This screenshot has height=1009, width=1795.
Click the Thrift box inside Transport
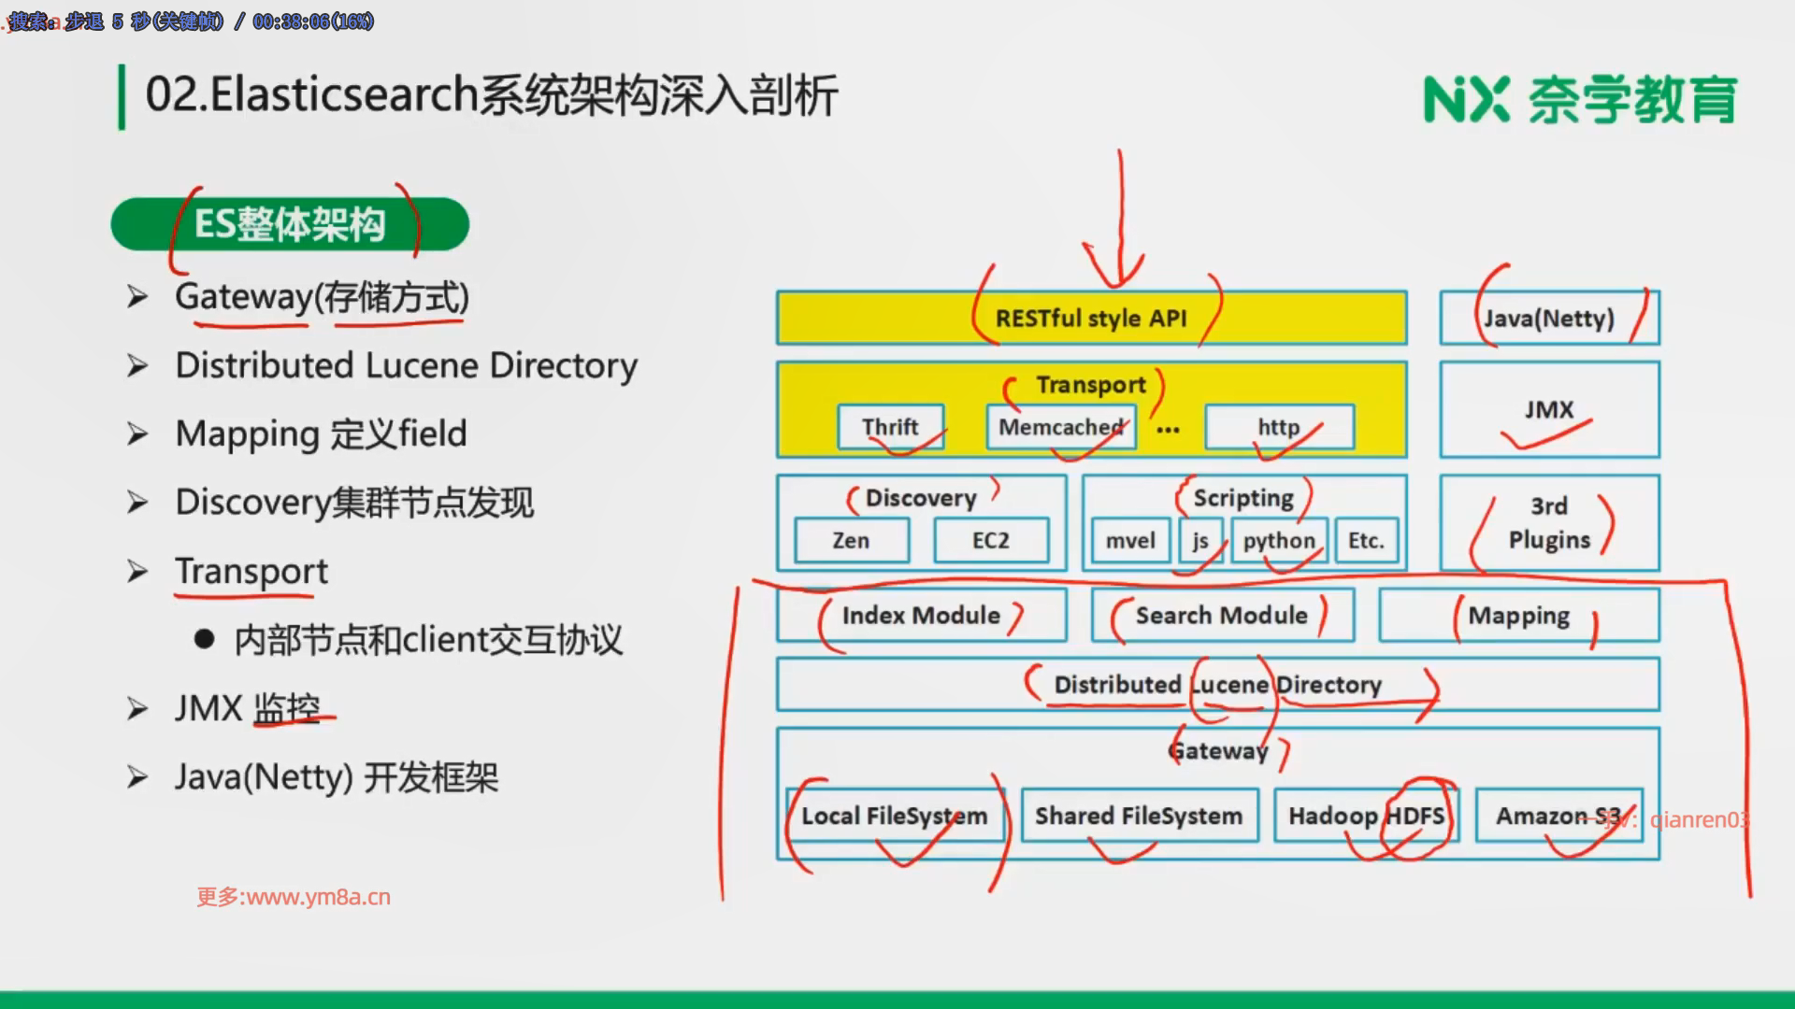[x=890, y=427]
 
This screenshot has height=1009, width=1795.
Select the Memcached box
[x=1061, y=427]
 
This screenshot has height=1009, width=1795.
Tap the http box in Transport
[x=1279, y=427]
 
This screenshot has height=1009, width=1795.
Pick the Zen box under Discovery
[x=851, y=541]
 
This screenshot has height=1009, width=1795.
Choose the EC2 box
[x=991, y=541]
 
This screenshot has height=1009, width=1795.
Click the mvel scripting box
[x=1130, y=541]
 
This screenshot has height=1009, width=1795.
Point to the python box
[x=1279, y=541]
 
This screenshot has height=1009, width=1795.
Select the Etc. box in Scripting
[x=1366, y=541]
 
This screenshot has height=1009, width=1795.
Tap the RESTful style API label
[x=1091, y=319]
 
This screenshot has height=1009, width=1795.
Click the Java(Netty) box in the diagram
[x=1549, y=319]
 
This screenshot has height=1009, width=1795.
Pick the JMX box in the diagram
[x=1549, y=410]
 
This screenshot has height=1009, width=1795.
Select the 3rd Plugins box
[x=1549, y=523]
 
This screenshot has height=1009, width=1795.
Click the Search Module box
[x=1222, y=615]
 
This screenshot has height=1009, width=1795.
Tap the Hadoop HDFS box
[x=1366, y=816]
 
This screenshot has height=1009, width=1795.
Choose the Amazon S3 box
[x=1558, y=816]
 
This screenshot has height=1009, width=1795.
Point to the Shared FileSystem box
[x=1139, y=816]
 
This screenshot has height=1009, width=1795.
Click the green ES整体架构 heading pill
[x=290, y=224]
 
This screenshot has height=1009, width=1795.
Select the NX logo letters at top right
[x=1466, y=100]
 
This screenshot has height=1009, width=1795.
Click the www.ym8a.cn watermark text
[x=294, y=897]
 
